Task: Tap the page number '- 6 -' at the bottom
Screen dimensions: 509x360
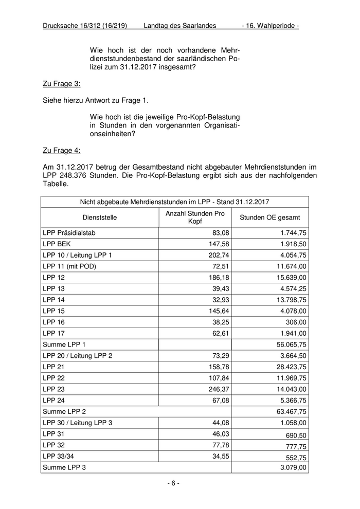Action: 173,483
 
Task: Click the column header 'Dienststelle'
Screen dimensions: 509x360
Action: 99,217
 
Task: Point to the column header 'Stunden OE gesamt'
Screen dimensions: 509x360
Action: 270,217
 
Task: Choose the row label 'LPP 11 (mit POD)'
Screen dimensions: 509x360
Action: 69,266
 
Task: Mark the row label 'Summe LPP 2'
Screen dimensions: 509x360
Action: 64,411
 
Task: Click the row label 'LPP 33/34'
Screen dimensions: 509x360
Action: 58,456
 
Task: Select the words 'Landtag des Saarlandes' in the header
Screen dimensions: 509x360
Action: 180,25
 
